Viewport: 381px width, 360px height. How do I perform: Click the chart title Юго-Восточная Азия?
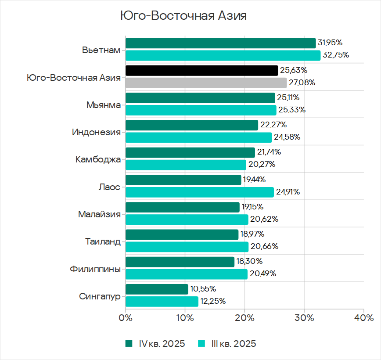pyautogui.click(x=183, y=16)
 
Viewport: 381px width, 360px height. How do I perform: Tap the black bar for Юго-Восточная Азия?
pyautogui.click(x=201, y=70)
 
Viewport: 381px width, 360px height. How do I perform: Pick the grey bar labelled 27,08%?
pyautogui.click(x=206, y=83)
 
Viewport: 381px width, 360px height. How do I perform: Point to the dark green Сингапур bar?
pyautogui.click(x=157, y=289)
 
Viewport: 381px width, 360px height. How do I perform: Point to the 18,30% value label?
pyautogui.click(x=250, y=262)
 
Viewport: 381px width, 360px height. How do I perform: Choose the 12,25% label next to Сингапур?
pyautogui.click(x=213, y=302)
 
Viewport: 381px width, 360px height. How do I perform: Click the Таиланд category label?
pyautogui.click(x=103, y=241)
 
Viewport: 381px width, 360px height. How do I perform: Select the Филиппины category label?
pyautogui.click(x=95, y=269)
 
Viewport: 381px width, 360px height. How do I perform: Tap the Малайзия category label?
pyautogui.click(x=99, y=214)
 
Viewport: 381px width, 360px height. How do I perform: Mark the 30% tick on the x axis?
pyautogui.click(x=304, y=317)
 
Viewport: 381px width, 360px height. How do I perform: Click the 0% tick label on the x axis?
pyautogui.click(x=126, y=317)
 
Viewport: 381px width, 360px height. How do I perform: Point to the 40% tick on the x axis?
pyautogui.click(x=363, y=317)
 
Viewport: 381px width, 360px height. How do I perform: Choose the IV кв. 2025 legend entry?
pyautogui.click(x=155, y=343)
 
